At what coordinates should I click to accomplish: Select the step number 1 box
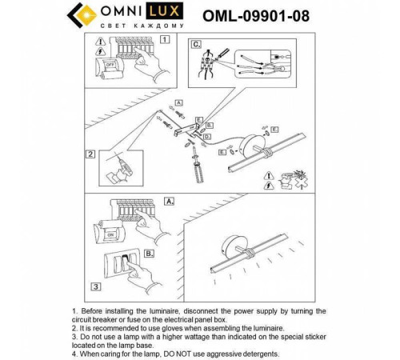(x=165, y=38)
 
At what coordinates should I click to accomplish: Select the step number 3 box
(x=94, y=286)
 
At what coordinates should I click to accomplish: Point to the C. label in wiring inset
(x=195, y=45)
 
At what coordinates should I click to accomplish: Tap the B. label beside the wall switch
(x=149, y=253)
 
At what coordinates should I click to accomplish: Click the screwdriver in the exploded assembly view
(x=195, y=169)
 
